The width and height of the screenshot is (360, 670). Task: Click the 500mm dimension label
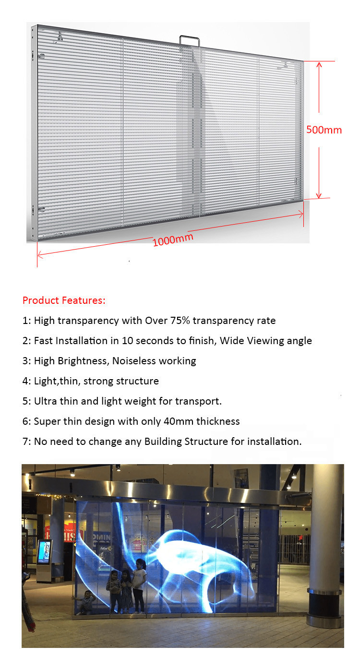click(x=324, y=130)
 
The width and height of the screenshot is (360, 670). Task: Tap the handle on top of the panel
click(x=190, y=41)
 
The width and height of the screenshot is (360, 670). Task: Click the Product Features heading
click(x=64, y=301)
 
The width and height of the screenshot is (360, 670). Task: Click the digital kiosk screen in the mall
click(x=44, y=551)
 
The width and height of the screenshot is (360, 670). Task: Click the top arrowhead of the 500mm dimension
click(x=319, y=64)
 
